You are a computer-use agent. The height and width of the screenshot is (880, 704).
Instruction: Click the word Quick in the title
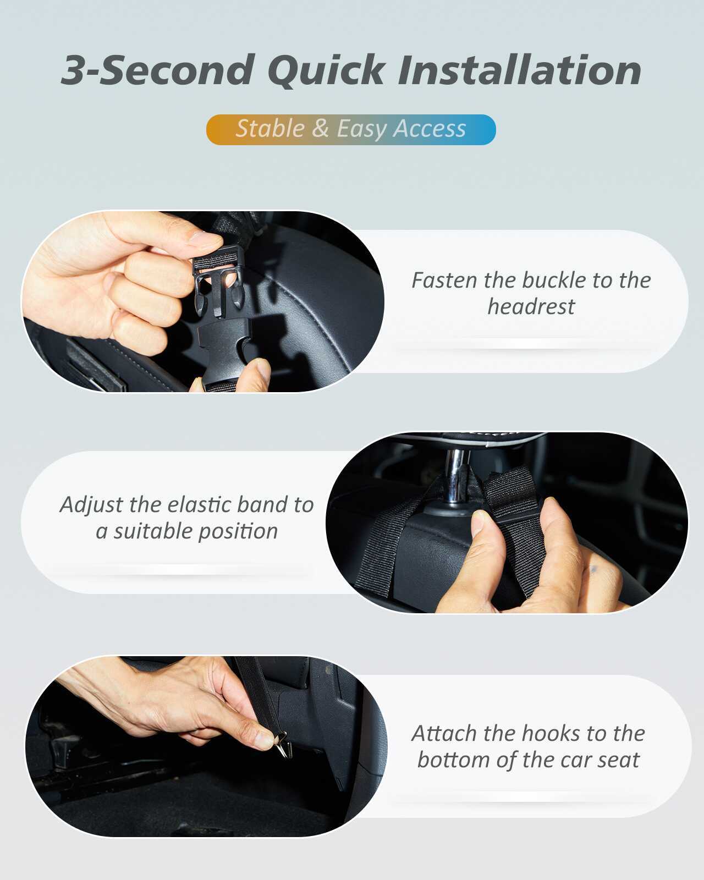(x=326, y=71)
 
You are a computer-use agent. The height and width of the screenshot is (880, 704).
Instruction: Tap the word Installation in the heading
(x=520, y=70)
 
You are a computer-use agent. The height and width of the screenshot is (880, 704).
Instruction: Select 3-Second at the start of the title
(x=157, y=70)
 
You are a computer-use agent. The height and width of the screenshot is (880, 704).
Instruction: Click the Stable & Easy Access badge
(x=351, y=129)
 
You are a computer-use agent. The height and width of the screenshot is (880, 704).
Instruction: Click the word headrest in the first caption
(x=531, y=307)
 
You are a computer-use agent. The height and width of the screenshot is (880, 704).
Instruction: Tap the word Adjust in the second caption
(x=91, y=505)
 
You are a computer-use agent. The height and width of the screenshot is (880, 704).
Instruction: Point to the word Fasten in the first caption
(x=444, y=280)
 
